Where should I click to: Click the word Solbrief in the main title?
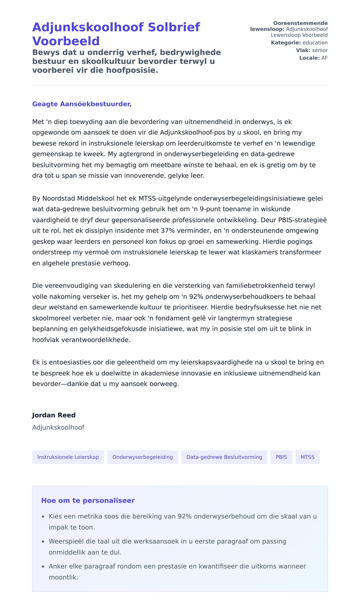[x=174, y=27]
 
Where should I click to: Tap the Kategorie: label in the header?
[x=286, y=43]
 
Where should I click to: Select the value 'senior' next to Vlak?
[x=320, y=50]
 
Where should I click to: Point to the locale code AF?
[x=324, y=58]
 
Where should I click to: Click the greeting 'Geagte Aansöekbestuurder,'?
[x=82, y=104]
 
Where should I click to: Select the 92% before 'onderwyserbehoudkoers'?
[x=196, y=297]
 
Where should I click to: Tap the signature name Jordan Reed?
[x=54, y=415]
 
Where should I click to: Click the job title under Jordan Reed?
[x=58, y=427]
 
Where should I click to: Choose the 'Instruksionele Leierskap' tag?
[x=68, y=457]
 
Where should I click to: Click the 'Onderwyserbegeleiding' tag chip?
[x=142, y=457]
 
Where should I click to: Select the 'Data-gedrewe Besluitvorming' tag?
[x=224, y=457]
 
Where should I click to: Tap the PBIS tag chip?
[x=281, y=457]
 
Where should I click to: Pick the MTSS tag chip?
[x=307, y=457]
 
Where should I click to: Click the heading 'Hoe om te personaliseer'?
[x=88, y=500]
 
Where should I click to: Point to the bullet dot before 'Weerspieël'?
[x=43, y=542]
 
